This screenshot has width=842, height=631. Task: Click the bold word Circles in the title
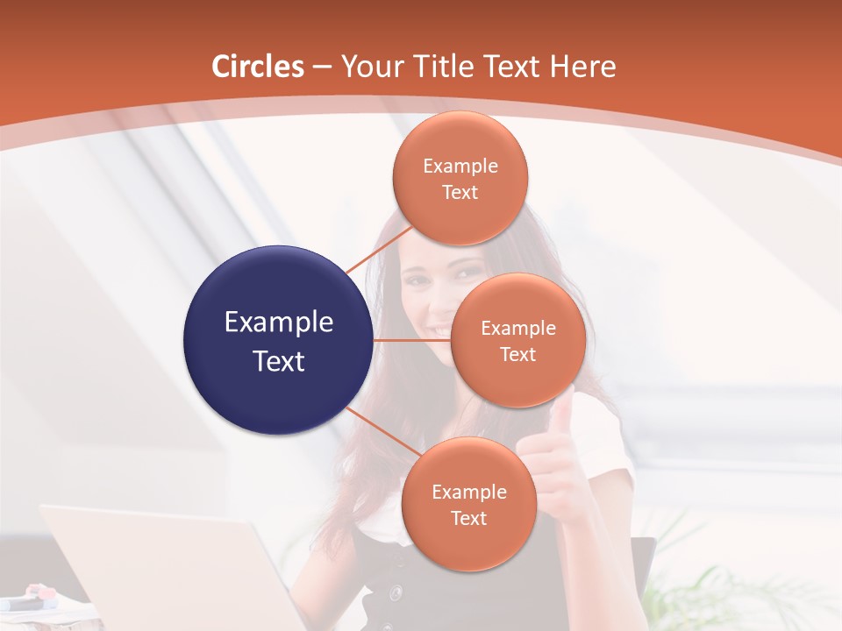258,67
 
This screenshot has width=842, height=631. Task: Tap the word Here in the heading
582,67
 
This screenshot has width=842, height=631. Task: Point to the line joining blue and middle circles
412,340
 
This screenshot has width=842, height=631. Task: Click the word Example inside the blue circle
279,323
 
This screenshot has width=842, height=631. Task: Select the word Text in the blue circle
279,361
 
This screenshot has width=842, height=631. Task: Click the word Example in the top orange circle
460,167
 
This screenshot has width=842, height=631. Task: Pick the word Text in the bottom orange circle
468,518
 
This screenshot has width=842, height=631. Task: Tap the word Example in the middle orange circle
517,329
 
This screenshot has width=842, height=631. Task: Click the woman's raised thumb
562,412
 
